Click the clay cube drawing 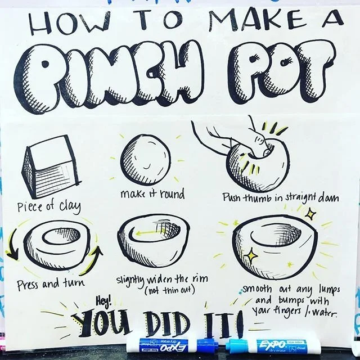click(x=51, y=166)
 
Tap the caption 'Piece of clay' click(x=49, y=206)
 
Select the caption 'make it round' click(x=152, y=194)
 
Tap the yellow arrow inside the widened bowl click(x=148, y=233)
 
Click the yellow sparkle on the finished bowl click(x=251, y=254)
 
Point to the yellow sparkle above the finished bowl click(x=310, y=214)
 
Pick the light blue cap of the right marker click(x=236, y=346)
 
